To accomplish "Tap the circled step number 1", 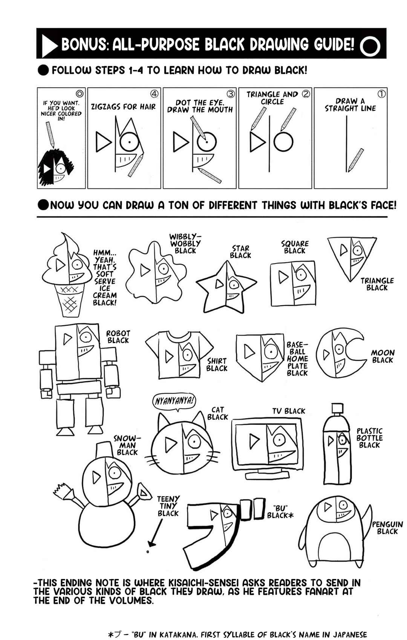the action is coord(381,94).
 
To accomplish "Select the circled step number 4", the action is coord(154,94).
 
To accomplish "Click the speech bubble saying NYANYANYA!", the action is coord(174,401).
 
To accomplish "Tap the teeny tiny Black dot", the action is coord(148,552).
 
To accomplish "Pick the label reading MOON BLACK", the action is coord(383,356).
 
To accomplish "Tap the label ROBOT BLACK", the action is coord(118,337).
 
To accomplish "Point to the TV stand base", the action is coord(267,475).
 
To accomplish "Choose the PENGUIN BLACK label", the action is coord(387,528).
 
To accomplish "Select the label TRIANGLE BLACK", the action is coord(377,284).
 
